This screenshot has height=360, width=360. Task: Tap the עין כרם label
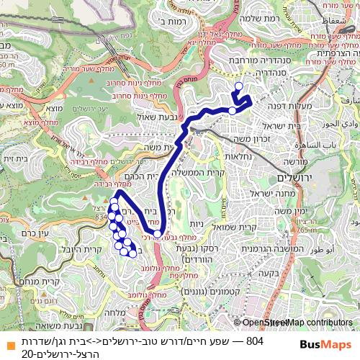[35, 232]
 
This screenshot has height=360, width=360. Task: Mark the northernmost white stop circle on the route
[239, 86]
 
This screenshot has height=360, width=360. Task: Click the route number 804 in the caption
[255, 340]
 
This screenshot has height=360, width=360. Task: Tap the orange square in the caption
[7, 341]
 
